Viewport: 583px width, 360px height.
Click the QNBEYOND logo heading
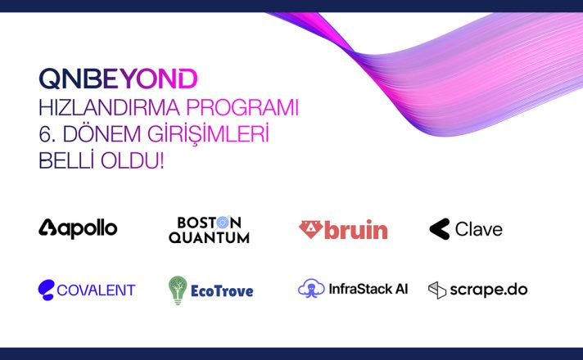pyautogui.click(x=118, y=79)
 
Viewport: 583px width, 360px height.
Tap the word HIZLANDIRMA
pyautogui.click(x=110, y=108)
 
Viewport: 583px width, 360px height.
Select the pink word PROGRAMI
pyautogui.click(x=242, y=108)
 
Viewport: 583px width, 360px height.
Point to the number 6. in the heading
pyautogui.click(x=47, y=134)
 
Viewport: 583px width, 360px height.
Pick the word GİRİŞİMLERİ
pyautogui.click(x=208, y=135)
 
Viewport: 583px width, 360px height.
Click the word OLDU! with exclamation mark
pyautogui.click(x=133, y=161)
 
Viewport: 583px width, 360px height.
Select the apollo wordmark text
pyautogui.click(x=88, y=229)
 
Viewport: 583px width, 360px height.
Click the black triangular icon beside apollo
pyautogui.click(x=47, y=227)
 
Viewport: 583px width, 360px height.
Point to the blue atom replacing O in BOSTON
pyautogui.click(x=223, y=223)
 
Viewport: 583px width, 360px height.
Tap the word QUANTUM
pyautogui.click(x=209, y=238)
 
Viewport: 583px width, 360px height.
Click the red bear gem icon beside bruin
pyautogui.click(x=311, y=230)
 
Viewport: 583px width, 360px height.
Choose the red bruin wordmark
pyautogui.click(x=356, y=230)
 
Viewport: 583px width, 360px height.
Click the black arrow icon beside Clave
pyautogui.click(x=440, y=229)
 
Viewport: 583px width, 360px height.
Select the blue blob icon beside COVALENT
pyautogui.click(x=47, y=290)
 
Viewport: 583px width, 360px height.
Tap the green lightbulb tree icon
pyautogui.click(x=178, y=290)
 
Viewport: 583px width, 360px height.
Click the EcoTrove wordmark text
pyautogui.click(x=222, y=291)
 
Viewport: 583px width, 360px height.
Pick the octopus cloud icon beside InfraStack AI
pyautogui.click(x=311, y=288)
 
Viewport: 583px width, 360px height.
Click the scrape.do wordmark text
pyautogui.click(x=489, y=290)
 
